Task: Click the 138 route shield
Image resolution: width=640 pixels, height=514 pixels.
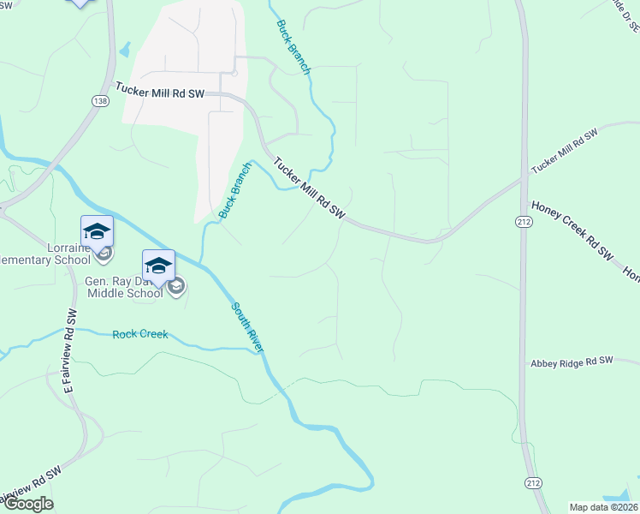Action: (x=100, y=100)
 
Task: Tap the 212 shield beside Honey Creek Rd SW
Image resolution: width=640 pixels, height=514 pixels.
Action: (x=524, y=221)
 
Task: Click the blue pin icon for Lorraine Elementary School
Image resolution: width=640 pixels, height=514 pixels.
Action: (x=97, y=231)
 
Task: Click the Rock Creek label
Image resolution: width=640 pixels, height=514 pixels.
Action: (x=140, y=334)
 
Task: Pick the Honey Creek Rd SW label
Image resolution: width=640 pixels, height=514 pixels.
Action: (x=573, y=230)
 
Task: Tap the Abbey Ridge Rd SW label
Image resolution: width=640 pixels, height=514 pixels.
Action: (x=572, y=362)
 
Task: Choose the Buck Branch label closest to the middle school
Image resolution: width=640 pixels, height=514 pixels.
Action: (x=234, y=191)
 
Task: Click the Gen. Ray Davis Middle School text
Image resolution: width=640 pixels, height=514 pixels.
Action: (x=124, y=286)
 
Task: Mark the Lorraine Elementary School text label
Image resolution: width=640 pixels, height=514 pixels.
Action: (x=46, y=254)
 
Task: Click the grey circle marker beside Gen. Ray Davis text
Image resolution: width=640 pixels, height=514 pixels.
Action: (x=177, y=286)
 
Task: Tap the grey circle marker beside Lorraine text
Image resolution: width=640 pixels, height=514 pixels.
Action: (x=103, y=253)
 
